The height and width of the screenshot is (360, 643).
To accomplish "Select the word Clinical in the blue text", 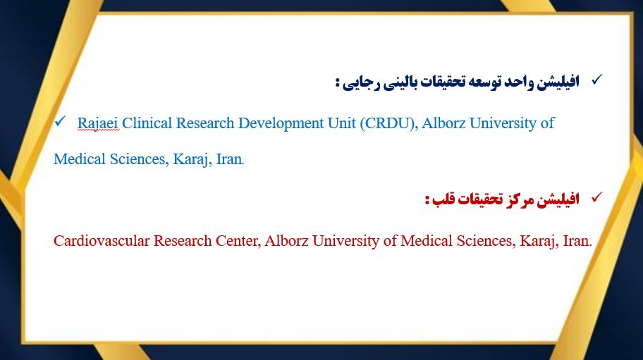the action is coord(147,123).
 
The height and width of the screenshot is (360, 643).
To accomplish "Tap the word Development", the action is coord(281,123).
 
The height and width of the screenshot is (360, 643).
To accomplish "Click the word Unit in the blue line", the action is coord(341,123).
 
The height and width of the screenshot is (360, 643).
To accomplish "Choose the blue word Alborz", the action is coord(443,123).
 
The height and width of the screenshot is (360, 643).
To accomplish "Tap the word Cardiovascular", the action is coord(102,241).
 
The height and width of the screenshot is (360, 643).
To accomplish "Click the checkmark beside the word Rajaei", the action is coord(60,121).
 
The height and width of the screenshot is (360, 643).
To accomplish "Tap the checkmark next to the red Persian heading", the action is coord(597,197).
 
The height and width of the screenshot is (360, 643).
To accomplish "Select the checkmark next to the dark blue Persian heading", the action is coord(597,80).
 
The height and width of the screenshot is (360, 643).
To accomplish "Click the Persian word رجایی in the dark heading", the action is coord(361,82).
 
